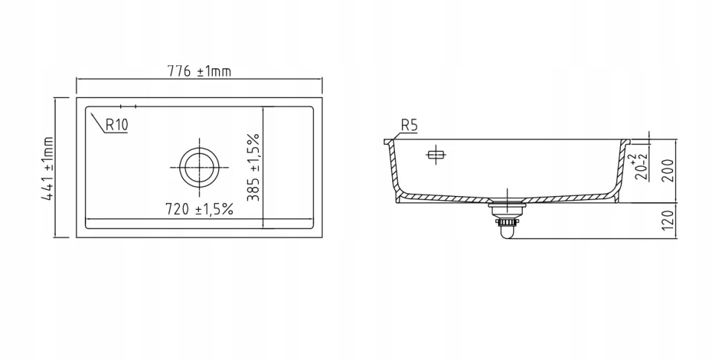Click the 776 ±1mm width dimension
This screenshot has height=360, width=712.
click(x=200, y=72)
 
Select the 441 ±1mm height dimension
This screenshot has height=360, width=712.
click(x=48, y=168)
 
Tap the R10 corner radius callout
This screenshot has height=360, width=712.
click(x=117, y=124)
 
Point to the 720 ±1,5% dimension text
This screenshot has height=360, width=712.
click(x=200, y=209)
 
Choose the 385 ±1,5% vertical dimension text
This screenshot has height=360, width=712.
click(x=253, y=167)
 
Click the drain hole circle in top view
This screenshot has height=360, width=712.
click(x=199, y=167)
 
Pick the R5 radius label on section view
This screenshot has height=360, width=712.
click(x=409, y=125)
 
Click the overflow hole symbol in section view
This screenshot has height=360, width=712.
click(x=436, y=155)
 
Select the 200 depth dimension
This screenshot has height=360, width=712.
click(x=669, y=171)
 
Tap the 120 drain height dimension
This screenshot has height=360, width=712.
click(x=669, y=220)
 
